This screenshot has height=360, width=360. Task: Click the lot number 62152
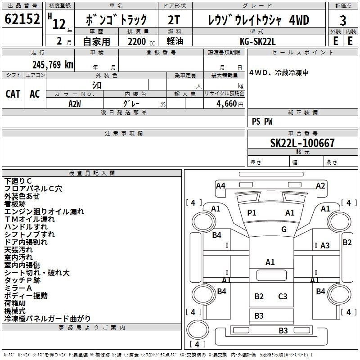click(22, 19)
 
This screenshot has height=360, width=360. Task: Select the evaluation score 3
click(343, 20)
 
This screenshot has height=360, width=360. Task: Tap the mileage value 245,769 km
click(53, 65)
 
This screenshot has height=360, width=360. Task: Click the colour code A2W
click(75, 103)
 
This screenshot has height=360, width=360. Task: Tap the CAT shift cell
click(13, 94)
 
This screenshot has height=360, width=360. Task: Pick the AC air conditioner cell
click(35, 94)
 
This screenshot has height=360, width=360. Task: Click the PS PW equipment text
click(262, 121)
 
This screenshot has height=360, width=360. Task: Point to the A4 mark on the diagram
click(220, 185)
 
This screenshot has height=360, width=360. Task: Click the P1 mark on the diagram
click(252, 212)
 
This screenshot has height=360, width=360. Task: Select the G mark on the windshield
click(284, 229)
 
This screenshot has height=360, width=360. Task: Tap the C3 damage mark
click(283, 296)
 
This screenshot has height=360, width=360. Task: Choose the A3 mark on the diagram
click(325, 245)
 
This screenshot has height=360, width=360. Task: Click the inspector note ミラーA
click(18, 288)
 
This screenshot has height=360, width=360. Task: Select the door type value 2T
click(175, 20)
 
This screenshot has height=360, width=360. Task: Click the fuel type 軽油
click(175, 40)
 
